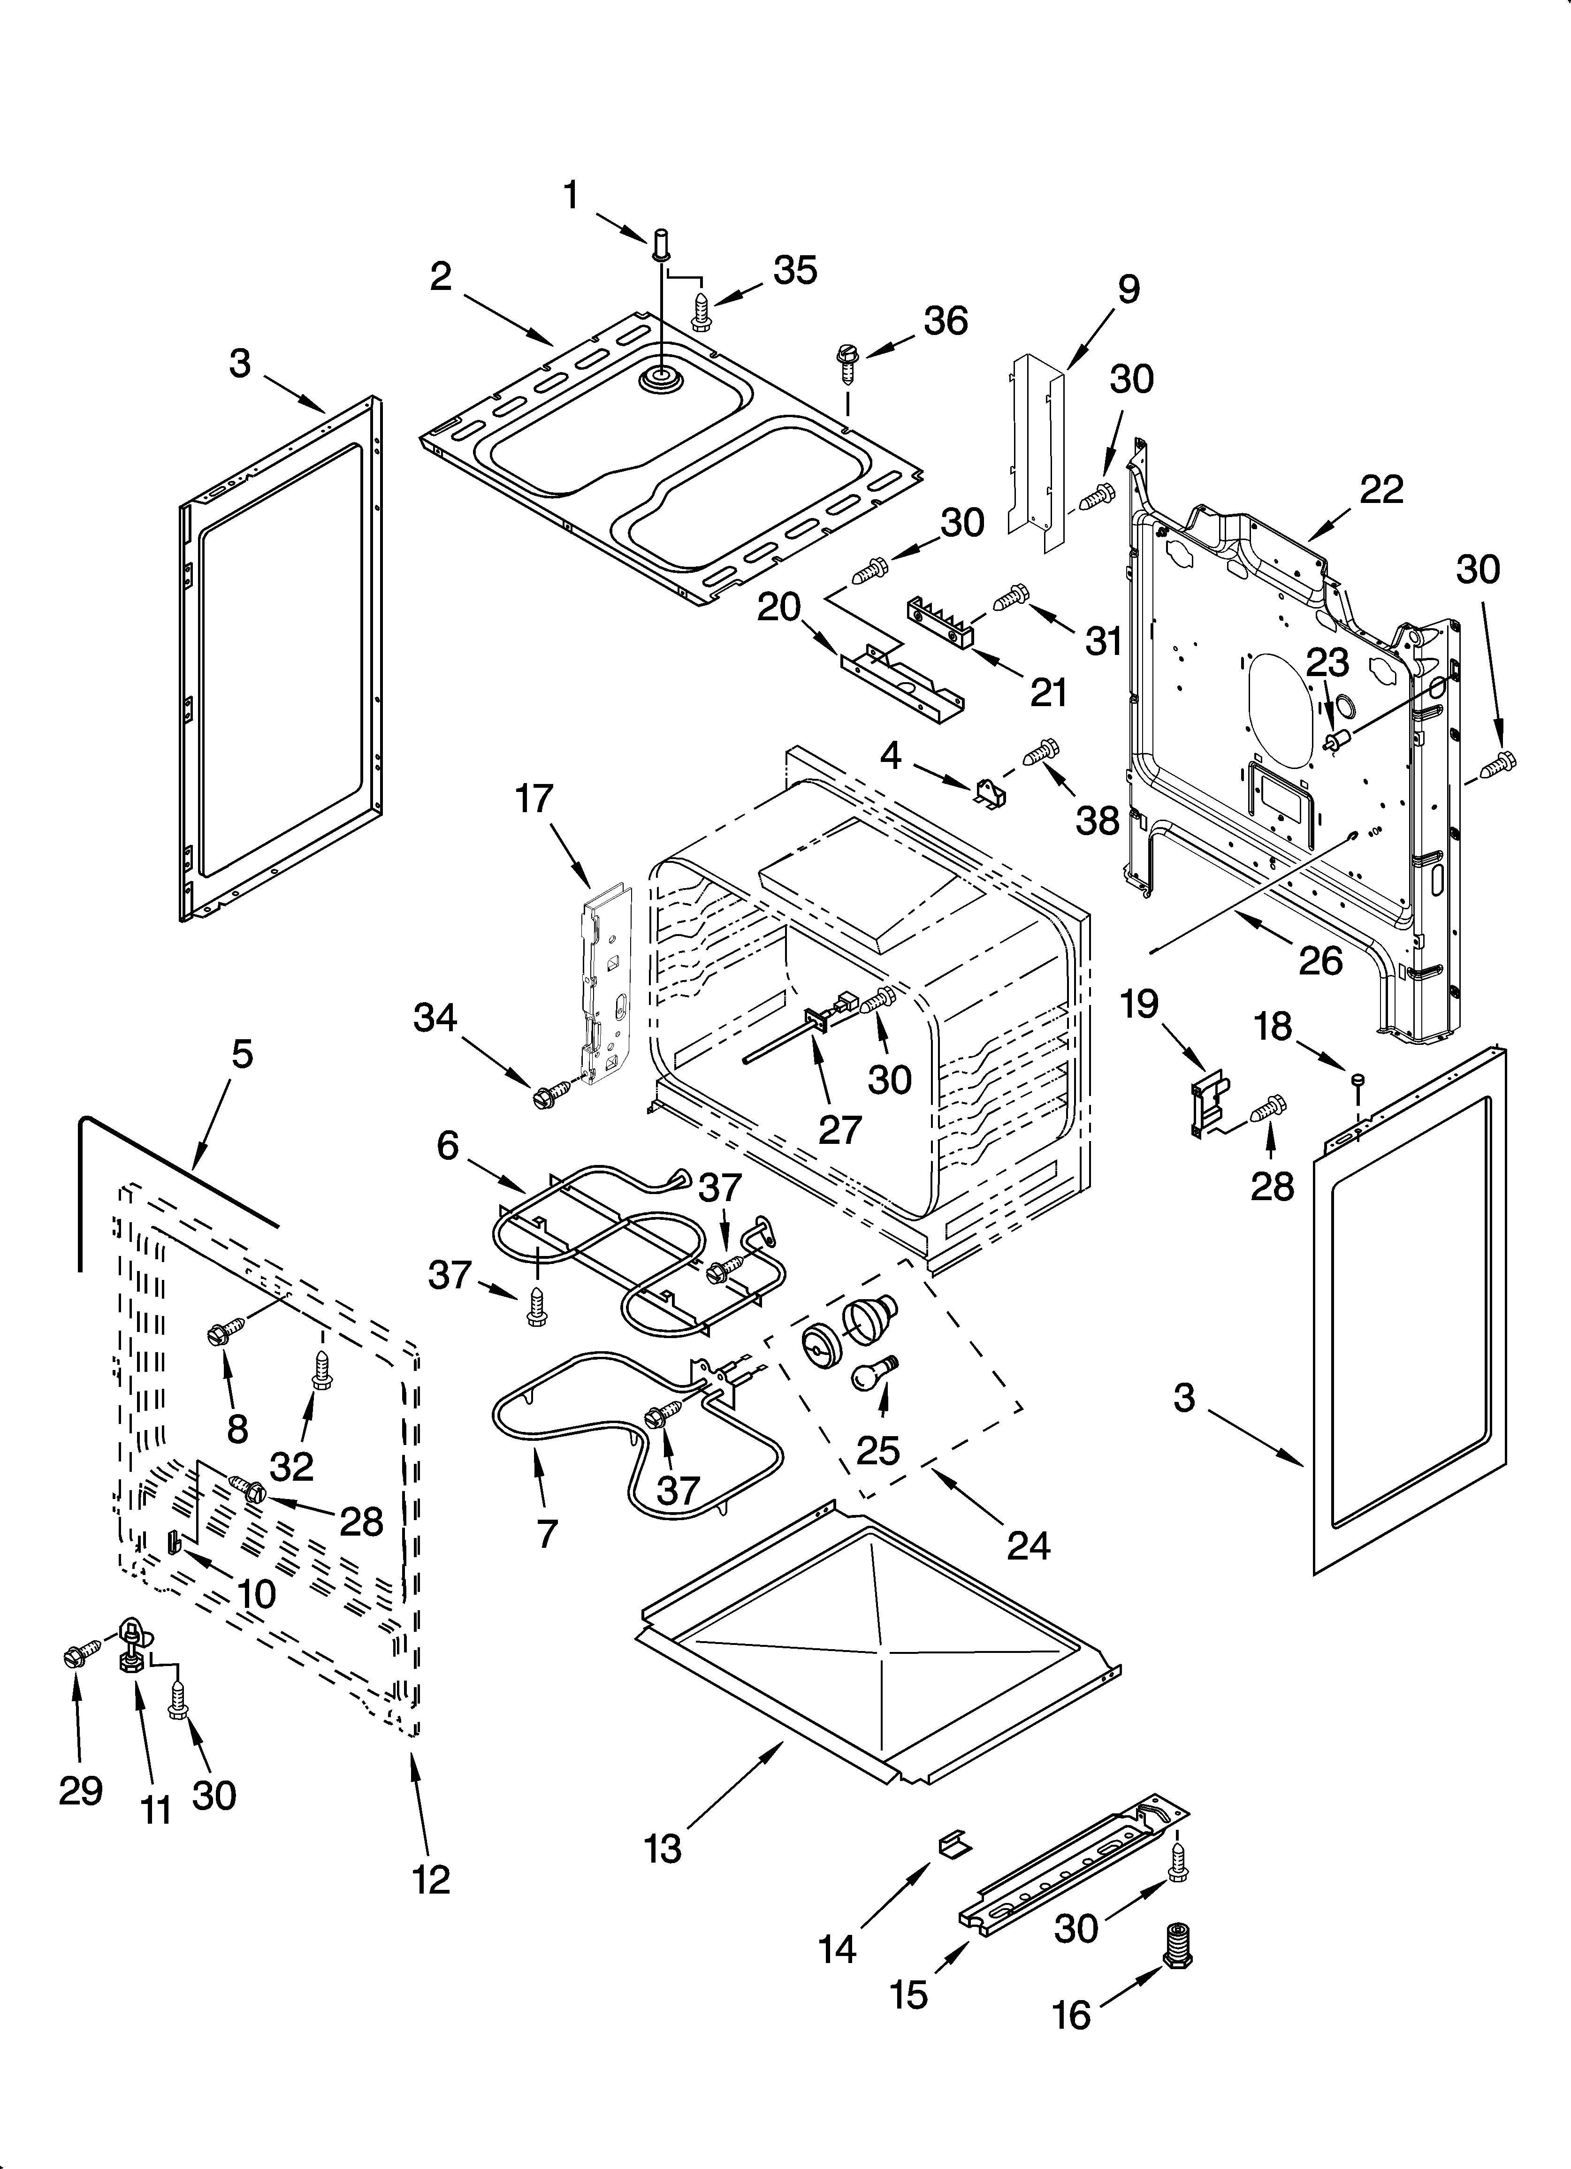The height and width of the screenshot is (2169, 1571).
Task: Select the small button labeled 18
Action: [1357, 1080]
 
